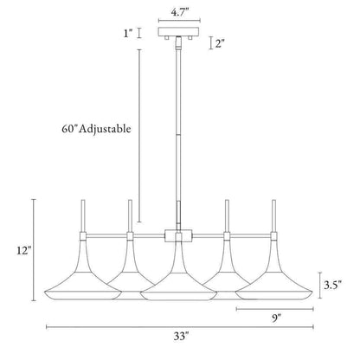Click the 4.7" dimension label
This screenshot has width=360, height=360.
[179, 13]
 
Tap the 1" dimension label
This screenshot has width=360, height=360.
[128, 34]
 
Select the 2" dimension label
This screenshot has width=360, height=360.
[220, 43]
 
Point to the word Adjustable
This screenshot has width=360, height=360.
[105, 129]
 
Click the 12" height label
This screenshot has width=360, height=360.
[23, 250]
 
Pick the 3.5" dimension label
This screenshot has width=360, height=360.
[332, 286]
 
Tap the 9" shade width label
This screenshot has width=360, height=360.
[276, 318]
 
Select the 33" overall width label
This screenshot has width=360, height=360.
[181, 337]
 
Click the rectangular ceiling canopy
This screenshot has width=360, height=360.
[179, 32]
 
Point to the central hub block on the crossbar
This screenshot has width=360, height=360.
[179, 235]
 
